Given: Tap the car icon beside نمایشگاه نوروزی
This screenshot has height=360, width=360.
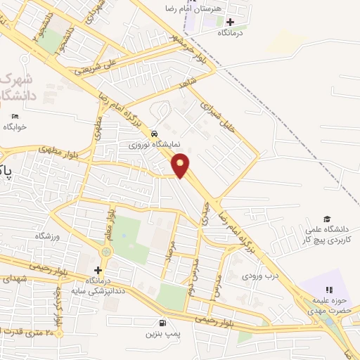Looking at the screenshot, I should point(154,134).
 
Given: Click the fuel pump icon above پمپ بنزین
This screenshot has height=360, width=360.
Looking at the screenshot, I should point(163,323).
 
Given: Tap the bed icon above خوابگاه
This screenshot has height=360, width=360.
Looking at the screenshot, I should point(15,116).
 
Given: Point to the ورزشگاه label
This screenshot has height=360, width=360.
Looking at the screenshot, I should point(39,236).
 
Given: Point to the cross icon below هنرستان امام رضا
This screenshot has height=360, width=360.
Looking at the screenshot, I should point(230,22).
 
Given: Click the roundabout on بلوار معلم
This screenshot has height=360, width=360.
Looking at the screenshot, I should point(106,251).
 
